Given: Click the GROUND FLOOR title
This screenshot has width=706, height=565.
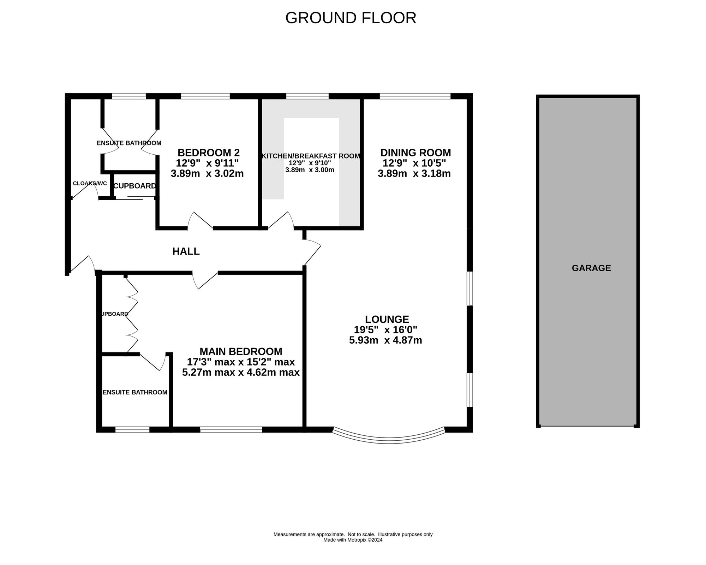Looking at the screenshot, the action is click(351, 18).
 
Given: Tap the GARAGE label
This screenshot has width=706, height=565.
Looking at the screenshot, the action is click(591, 268).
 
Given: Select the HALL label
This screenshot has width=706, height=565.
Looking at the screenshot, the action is click(186, 251).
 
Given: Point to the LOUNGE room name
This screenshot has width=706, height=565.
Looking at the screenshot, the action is click(387, 319).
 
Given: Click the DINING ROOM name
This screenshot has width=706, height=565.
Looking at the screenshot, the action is click(415, 153).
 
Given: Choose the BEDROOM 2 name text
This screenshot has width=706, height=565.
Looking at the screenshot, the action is click(209, 153).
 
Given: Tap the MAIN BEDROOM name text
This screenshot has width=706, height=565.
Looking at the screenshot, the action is click(241, 352).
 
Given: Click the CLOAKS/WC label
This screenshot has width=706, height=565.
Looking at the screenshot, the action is click(90, 183).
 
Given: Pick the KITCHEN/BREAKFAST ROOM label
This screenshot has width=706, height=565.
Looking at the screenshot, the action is click(311, 156).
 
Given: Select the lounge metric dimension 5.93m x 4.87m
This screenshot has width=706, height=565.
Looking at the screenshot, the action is click(385, 340).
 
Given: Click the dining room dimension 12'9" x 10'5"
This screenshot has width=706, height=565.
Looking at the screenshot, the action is click(414, 163).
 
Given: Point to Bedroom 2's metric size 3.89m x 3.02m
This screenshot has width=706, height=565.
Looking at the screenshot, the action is click(207, 174).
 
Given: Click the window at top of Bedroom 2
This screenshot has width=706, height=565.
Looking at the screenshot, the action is click(205, 96).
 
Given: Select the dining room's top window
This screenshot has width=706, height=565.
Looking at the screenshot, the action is click(415, 96).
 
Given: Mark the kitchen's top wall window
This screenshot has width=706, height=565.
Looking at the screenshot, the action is click(307, 96).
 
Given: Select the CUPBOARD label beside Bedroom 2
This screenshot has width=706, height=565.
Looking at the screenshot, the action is click(134, 186).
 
